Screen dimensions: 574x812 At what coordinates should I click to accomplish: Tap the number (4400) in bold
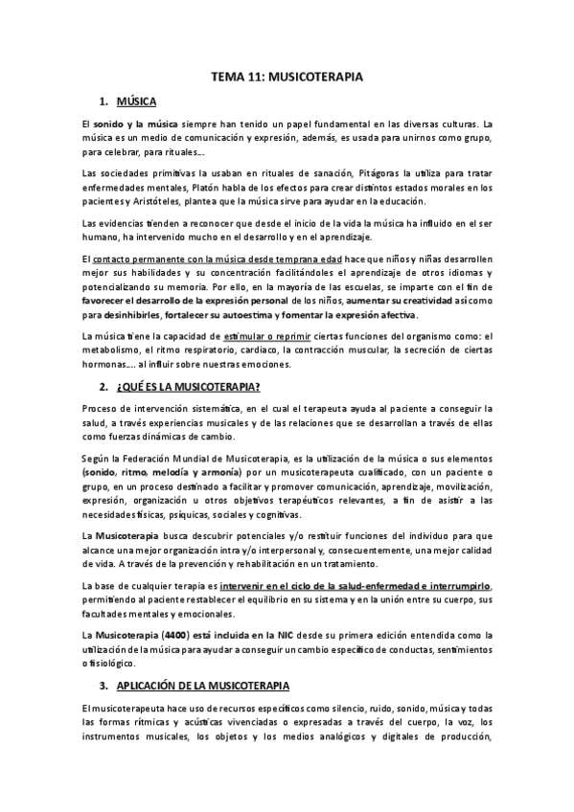pos(173,634)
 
